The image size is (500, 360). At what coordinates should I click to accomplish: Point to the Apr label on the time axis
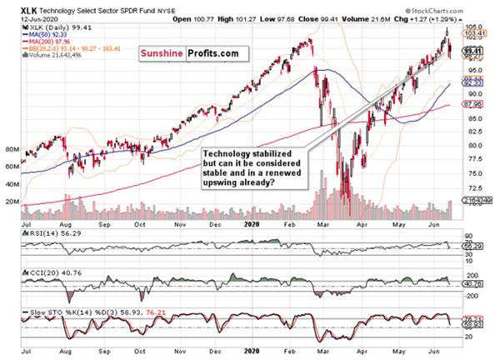click(364, 225)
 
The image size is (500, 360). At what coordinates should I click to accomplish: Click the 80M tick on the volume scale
click(11, 151)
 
